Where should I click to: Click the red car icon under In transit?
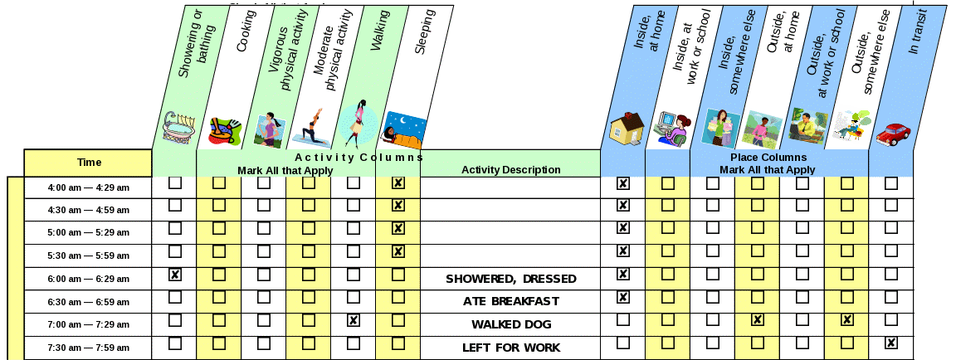pos(893,134)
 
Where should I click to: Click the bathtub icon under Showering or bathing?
pos(178,128)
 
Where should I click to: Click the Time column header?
pos(89,163)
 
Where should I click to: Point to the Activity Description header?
pos(510,170)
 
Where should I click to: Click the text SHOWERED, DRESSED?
pos(510,279)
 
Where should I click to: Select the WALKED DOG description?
pos(510,324)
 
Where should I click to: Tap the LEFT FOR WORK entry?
pos(510,348)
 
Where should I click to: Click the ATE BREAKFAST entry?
pos(510,301)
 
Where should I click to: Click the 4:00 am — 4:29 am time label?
pos(89,187)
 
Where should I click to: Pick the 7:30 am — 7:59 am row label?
pos(89,348)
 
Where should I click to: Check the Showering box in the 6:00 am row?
pos(175,275)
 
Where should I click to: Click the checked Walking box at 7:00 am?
pos(354,320)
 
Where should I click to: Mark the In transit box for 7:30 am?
pos(891,343)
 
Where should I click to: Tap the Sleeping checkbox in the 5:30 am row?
pos(398,251)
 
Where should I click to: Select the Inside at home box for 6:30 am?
pos(623,297)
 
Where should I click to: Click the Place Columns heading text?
pos(768,158)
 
